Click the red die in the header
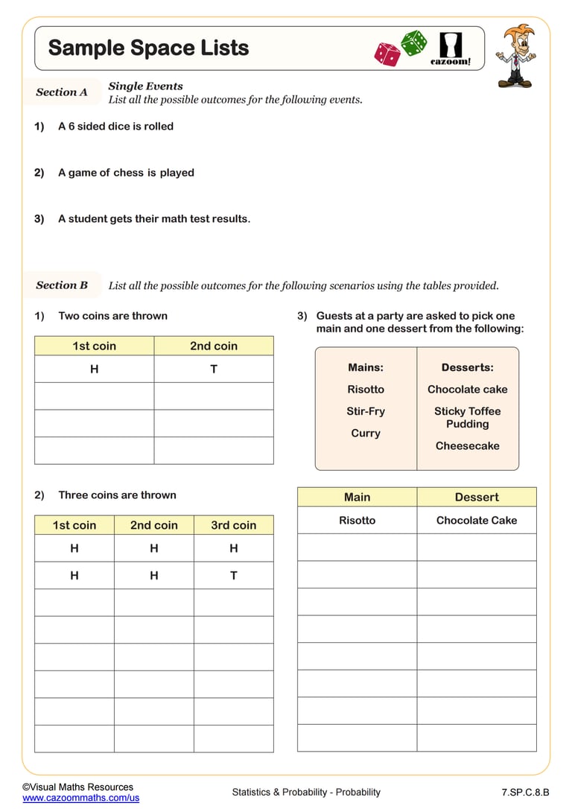coord(387,54)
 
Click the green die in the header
coord(414,42)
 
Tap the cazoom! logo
coord(451,48)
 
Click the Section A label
coord(62,92)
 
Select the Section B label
coord(62,285)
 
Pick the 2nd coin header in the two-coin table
coord(214,346)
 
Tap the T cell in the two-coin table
coord(214,369)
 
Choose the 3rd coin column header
coord(233,525)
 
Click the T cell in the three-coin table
coord(233,575)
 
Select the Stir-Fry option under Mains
coord(366,411)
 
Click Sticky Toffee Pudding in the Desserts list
coord(467,417)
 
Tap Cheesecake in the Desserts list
coord(467,445)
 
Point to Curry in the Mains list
coord(366,433)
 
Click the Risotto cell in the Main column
coord(357,520)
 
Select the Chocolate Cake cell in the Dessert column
coord(476,520)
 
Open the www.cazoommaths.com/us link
coord(80,798)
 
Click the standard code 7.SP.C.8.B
coord(525,792)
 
